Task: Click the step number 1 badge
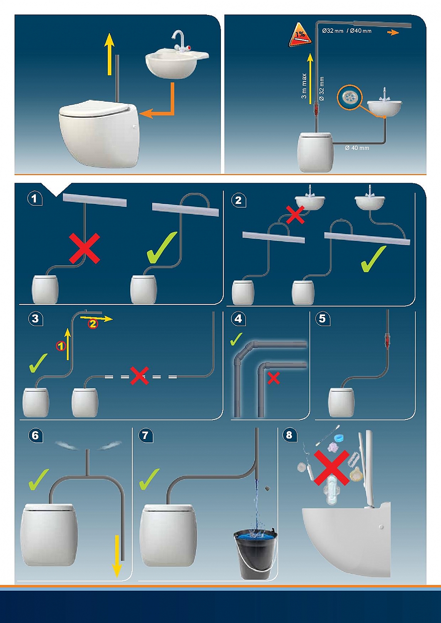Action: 35,199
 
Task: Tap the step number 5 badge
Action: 322,319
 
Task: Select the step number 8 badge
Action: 289,435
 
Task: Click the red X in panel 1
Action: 84,248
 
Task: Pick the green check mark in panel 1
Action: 162,248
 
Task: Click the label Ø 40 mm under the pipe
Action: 357,148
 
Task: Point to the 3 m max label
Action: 304,86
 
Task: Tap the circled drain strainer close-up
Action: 349,97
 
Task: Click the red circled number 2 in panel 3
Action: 93,324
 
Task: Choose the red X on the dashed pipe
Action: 139,375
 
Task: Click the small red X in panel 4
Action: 273,378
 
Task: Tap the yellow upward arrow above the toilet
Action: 109,54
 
